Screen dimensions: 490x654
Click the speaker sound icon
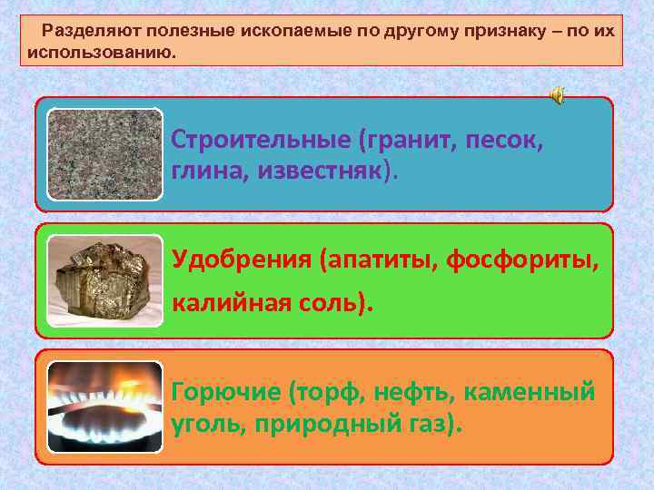pyautogui.click(x=557, y=96)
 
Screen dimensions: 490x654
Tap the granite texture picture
pyautogui.click(x=104, y=154)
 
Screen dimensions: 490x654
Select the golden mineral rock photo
pyautogui.click(x=104, y=280)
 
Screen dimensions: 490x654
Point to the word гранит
pyautogui.click(x=402, y=142)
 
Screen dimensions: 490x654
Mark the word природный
pyautogui.click(x=322, y=424)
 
